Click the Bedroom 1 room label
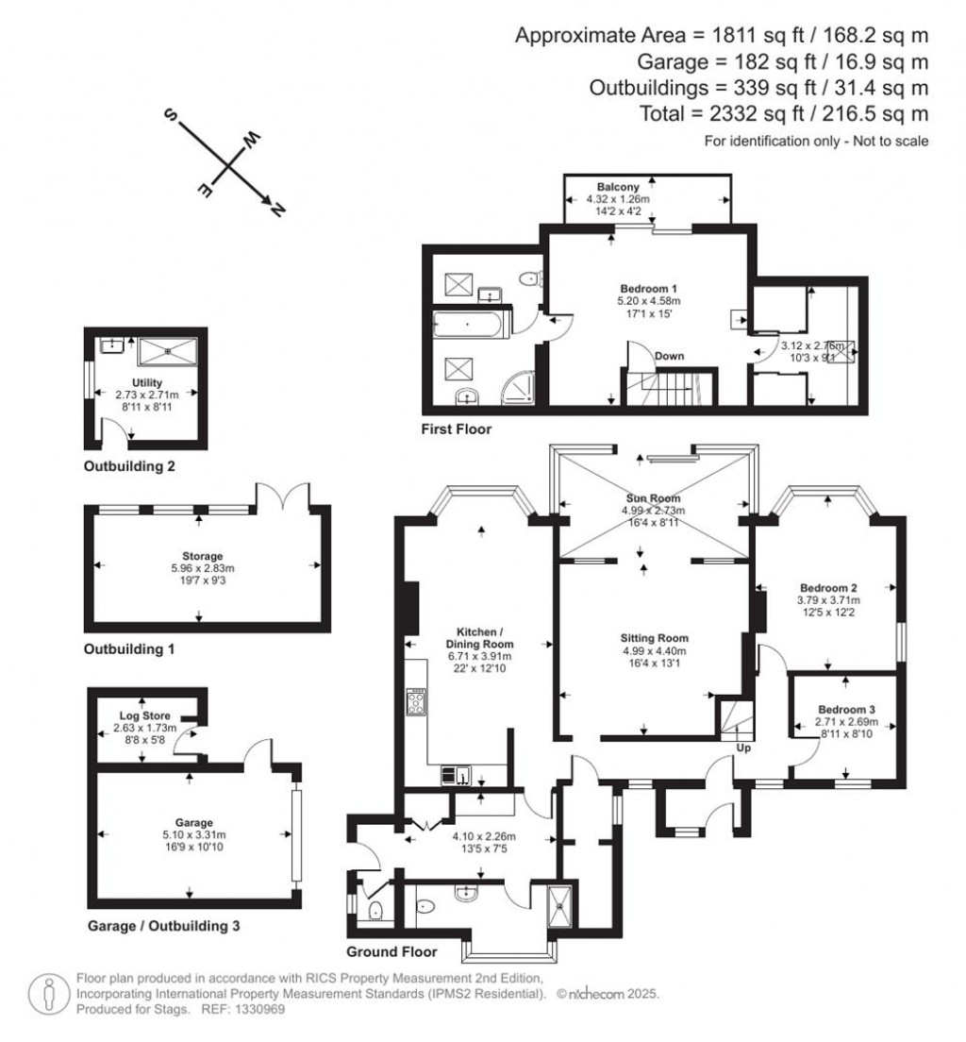tap(648, 288)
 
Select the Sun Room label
tap(651, 497)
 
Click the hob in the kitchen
tap(416, 701)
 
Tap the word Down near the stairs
tap(670, 356)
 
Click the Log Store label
tap(144, 716)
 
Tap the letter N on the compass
tap(277, 211)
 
